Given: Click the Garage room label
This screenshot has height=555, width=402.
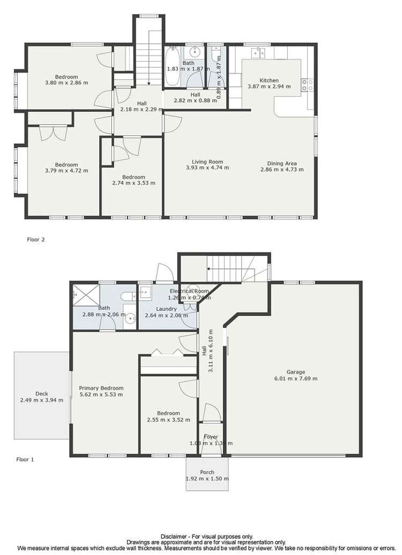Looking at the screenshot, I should click(295, 372).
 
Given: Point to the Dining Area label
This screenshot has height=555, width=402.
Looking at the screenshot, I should click(282, 164).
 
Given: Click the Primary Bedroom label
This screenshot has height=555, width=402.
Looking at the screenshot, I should click(101, 388).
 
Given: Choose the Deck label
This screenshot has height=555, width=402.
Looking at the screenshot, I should click(41, 393).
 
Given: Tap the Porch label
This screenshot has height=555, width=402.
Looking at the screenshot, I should click(207, 472).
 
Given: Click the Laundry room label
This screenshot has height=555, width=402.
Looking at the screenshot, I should click(166, 309).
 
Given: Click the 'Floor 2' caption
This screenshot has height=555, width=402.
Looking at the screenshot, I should click(36, 240).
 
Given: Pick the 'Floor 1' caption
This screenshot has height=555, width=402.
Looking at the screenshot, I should click(25, 459).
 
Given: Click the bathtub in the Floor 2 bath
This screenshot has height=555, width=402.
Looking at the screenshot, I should click(173, 68).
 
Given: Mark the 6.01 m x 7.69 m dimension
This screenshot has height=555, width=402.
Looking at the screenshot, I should click(295, 378).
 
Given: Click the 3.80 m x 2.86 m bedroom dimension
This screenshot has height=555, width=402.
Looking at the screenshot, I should click(66, 83).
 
